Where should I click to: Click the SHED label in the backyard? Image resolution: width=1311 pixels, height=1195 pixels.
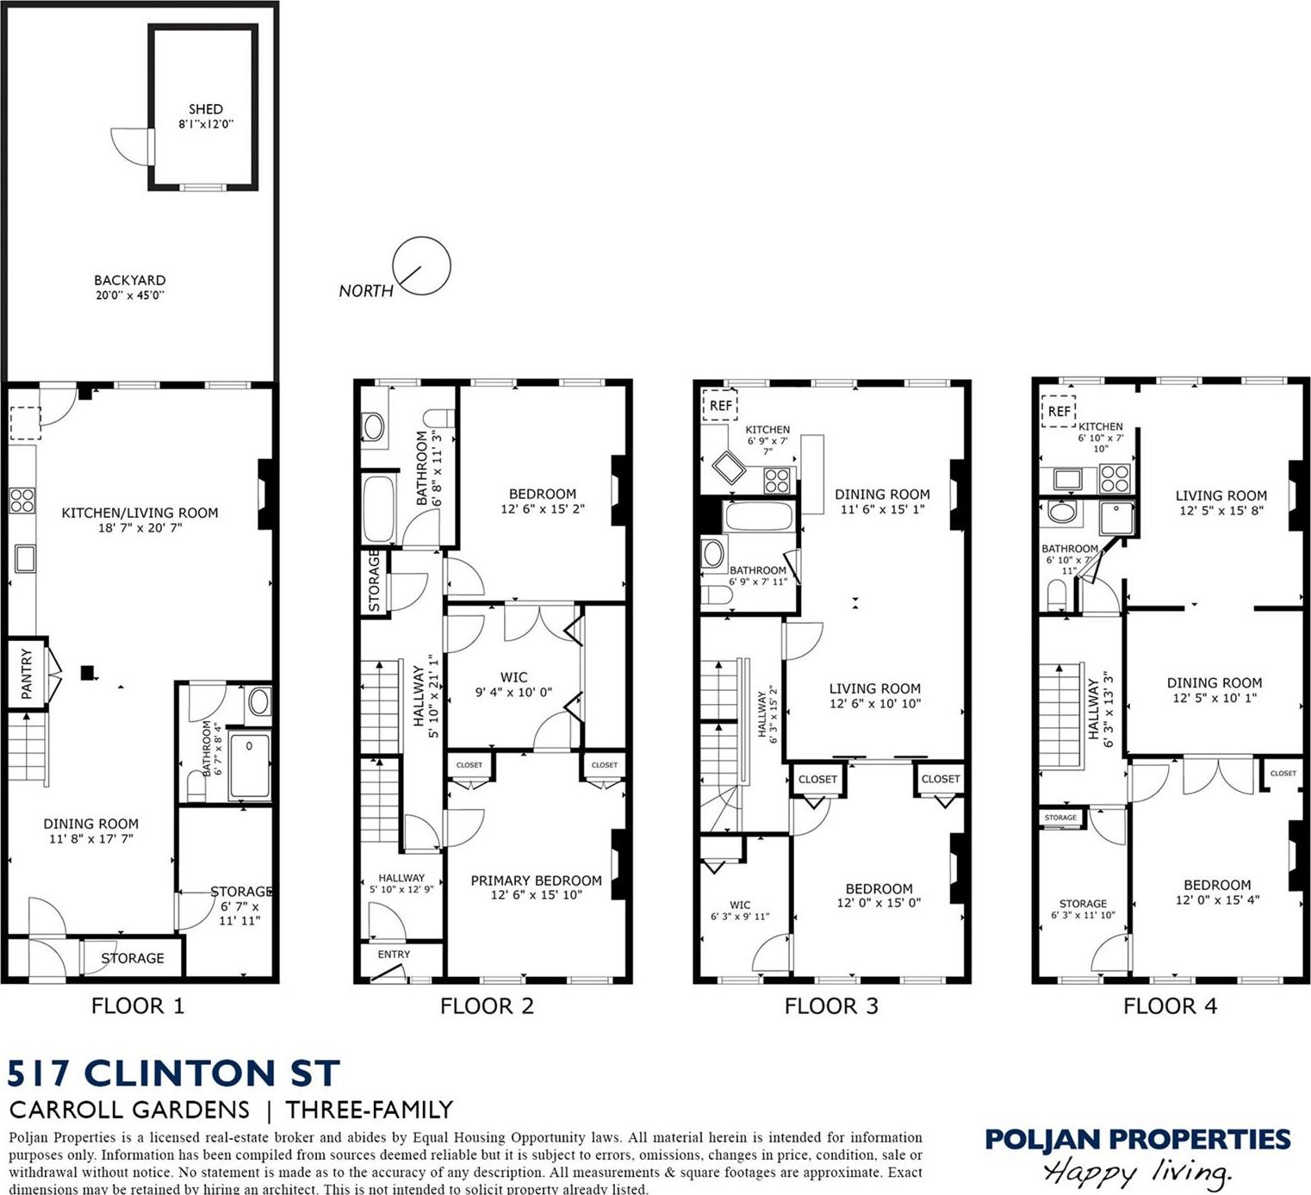click(x=206, y=109)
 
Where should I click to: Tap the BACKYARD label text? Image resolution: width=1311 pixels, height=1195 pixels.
click(x=130, y=280)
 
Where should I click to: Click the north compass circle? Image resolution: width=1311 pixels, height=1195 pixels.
click(x=421, y=266)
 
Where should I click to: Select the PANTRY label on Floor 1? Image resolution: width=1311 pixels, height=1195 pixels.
click(x=26, y=673)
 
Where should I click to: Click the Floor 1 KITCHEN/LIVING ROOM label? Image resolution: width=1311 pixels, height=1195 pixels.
click(x=140, y=513)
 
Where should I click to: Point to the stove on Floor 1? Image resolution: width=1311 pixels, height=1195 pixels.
click(x=22, y=500)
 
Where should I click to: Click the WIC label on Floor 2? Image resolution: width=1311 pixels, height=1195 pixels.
click(x=513, y=677)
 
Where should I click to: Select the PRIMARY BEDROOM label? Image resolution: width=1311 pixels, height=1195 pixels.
click(x=536, y=881)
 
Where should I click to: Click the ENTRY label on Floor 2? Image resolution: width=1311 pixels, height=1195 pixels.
click(x=394, y=954)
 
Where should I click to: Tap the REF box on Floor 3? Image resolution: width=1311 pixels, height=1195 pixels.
click(x=720, y=405)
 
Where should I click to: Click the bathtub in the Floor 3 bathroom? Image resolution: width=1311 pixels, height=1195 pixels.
click(x=759, y=518)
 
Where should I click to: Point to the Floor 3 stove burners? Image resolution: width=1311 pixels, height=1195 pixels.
click(x=777, y=480)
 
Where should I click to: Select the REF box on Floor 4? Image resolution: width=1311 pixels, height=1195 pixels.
click(x=1059, y=411)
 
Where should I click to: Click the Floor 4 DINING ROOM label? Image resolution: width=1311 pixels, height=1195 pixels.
click(x=1215, y=682)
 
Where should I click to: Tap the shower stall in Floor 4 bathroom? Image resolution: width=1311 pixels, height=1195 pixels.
click(x=1116, y=518)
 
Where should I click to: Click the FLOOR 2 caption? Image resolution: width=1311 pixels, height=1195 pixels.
click(x=487, y=1005)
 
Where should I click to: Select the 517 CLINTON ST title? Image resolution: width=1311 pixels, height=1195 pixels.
click(x=174, y=1074)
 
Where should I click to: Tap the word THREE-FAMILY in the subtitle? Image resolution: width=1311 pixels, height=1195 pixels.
click(x=370, y=1110)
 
